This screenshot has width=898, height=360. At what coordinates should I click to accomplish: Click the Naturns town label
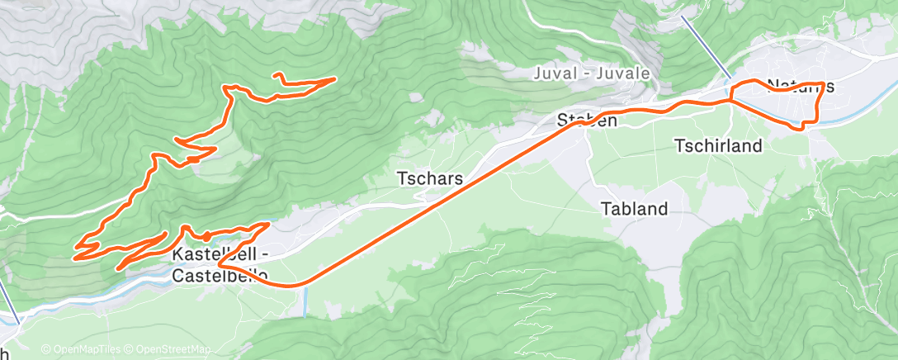[x=800, y=86]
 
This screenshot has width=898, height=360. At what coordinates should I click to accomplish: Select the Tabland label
[x=634, y=209]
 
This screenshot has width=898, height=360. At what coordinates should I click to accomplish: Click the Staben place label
[x=587, y=121]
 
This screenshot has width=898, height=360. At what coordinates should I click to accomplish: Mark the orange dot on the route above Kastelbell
[x=206, y=234]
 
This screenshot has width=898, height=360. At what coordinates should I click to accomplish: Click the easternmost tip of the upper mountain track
[x=333, y=78]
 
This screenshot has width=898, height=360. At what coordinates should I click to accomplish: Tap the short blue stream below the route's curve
[x=305, y=301]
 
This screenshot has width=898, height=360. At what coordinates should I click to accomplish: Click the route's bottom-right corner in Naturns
[x=815, y=121]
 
